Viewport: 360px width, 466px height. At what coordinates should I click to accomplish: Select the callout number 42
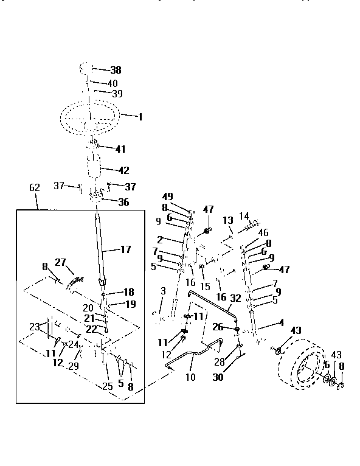pyautogui.click(x=123, y=171)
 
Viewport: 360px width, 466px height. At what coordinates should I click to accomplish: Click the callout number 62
pyautogui.click(x=34, y=189)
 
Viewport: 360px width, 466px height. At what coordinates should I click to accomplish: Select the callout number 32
pyautogui.click(x=236, y=299)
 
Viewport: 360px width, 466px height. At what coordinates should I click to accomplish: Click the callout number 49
pyautogui.click(x=168, y=196)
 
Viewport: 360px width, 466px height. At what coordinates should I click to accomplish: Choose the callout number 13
pyautogui.click(x=228, y=220)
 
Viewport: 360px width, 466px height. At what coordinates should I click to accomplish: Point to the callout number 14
pyautogui.click(x=244, y=215)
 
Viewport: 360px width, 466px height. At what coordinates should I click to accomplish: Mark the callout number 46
pyautogui.click(x=263, y=232)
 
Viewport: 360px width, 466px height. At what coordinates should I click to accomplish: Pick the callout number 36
pyautogui.click(x=123, y=203)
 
